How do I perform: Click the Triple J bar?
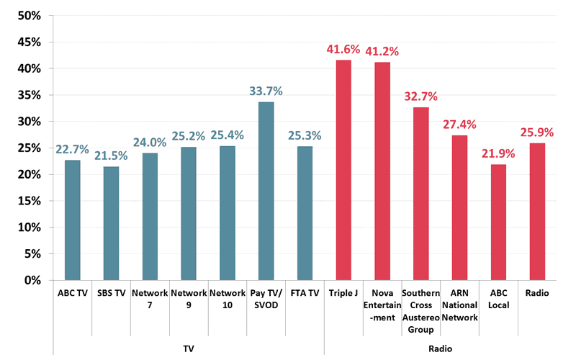point(343,170)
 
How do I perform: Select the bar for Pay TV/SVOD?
point(266,191)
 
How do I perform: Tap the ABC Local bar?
point(498,222)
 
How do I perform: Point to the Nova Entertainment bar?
point(382,171)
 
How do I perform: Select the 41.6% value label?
point(344,49)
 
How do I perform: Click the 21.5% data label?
point(111,156)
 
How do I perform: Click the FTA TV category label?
point(305,294)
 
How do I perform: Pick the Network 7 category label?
point(150,300)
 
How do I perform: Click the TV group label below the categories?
point(189,348)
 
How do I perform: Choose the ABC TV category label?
point(72,294)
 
